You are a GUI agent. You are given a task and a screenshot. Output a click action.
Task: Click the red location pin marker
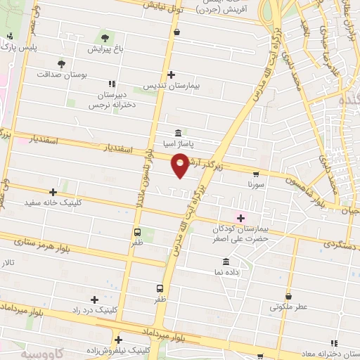point(181,165)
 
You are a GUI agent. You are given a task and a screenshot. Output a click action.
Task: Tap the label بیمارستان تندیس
point(172,86)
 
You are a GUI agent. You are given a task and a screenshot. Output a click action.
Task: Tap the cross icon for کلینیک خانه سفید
point(53,191)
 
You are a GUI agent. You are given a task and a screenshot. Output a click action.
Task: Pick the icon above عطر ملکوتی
point(288,296)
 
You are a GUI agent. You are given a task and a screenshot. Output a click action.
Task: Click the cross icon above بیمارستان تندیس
point(172,75)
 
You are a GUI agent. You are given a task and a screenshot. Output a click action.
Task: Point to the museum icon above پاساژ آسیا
point(177,133)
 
